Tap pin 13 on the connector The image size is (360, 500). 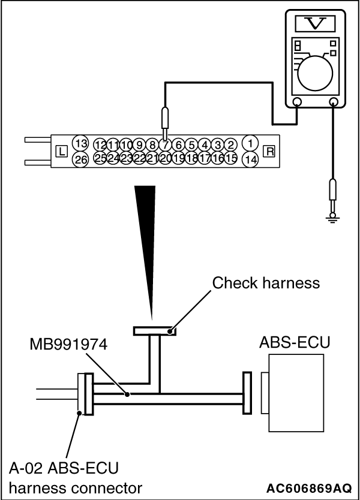point(80,144)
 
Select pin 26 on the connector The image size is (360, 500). point(80,159)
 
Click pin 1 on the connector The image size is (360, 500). point(251,144)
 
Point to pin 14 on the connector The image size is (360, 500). point(251,159)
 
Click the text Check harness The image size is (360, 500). point(266,282)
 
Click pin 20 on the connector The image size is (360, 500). point(166,159)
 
